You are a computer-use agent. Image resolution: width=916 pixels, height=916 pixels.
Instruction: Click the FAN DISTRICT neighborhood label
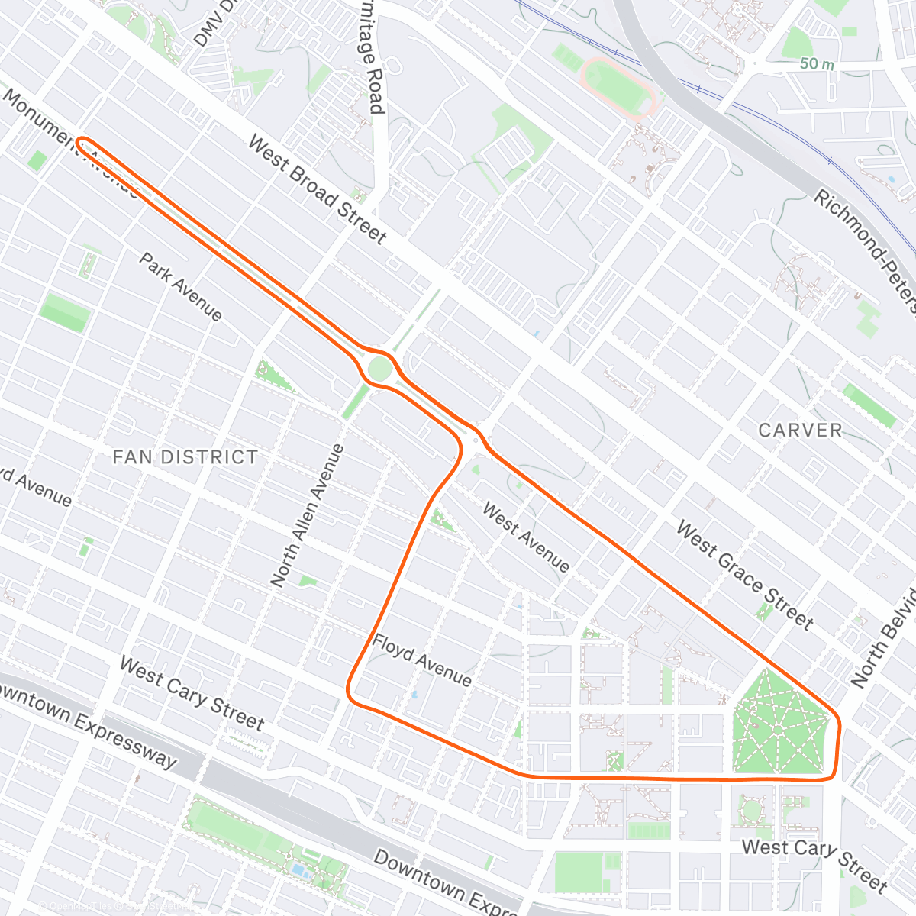[x=185, y=457]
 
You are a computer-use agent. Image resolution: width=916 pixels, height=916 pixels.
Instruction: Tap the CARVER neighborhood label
[x=800, y=431]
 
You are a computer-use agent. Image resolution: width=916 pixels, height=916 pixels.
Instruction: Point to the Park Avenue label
[x=180, y=287]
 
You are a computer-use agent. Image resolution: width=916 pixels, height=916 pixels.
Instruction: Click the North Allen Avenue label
[x=308, y=516]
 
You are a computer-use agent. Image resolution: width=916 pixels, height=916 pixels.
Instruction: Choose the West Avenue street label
[x=526, y=537]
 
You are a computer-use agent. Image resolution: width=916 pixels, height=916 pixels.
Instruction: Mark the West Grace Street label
[x=744, y=576]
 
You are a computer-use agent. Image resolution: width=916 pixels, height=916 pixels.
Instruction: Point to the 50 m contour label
[x=817, y=64]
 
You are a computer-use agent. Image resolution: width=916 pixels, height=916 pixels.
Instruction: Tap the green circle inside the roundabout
[x=379, y=369]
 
